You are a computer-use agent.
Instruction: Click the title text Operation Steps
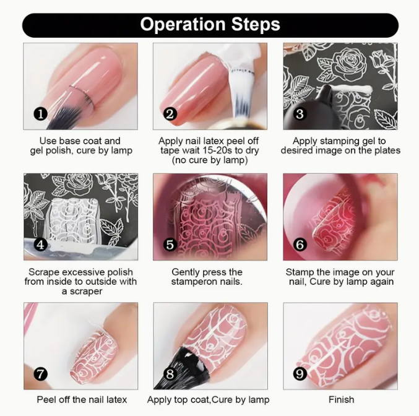point(210,25)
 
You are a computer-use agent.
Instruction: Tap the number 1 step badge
point(40,114)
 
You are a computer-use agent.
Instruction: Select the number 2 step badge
point(170,114)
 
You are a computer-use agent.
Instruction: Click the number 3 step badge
point(300,114)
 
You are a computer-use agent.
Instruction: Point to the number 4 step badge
point(40,245)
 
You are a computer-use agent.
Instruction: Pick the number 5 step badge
point(170,245)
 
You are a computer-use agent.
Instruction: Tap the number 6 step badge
point(300,245)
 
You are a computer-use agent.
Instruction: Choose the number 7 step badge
point(40,373)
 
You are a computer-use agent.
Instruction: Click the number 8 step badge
point(170,373)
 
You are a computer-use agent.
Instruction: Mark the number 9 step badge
point(300,375)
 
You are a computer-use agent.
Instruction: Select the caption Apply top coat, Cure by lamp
point(209,400)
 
